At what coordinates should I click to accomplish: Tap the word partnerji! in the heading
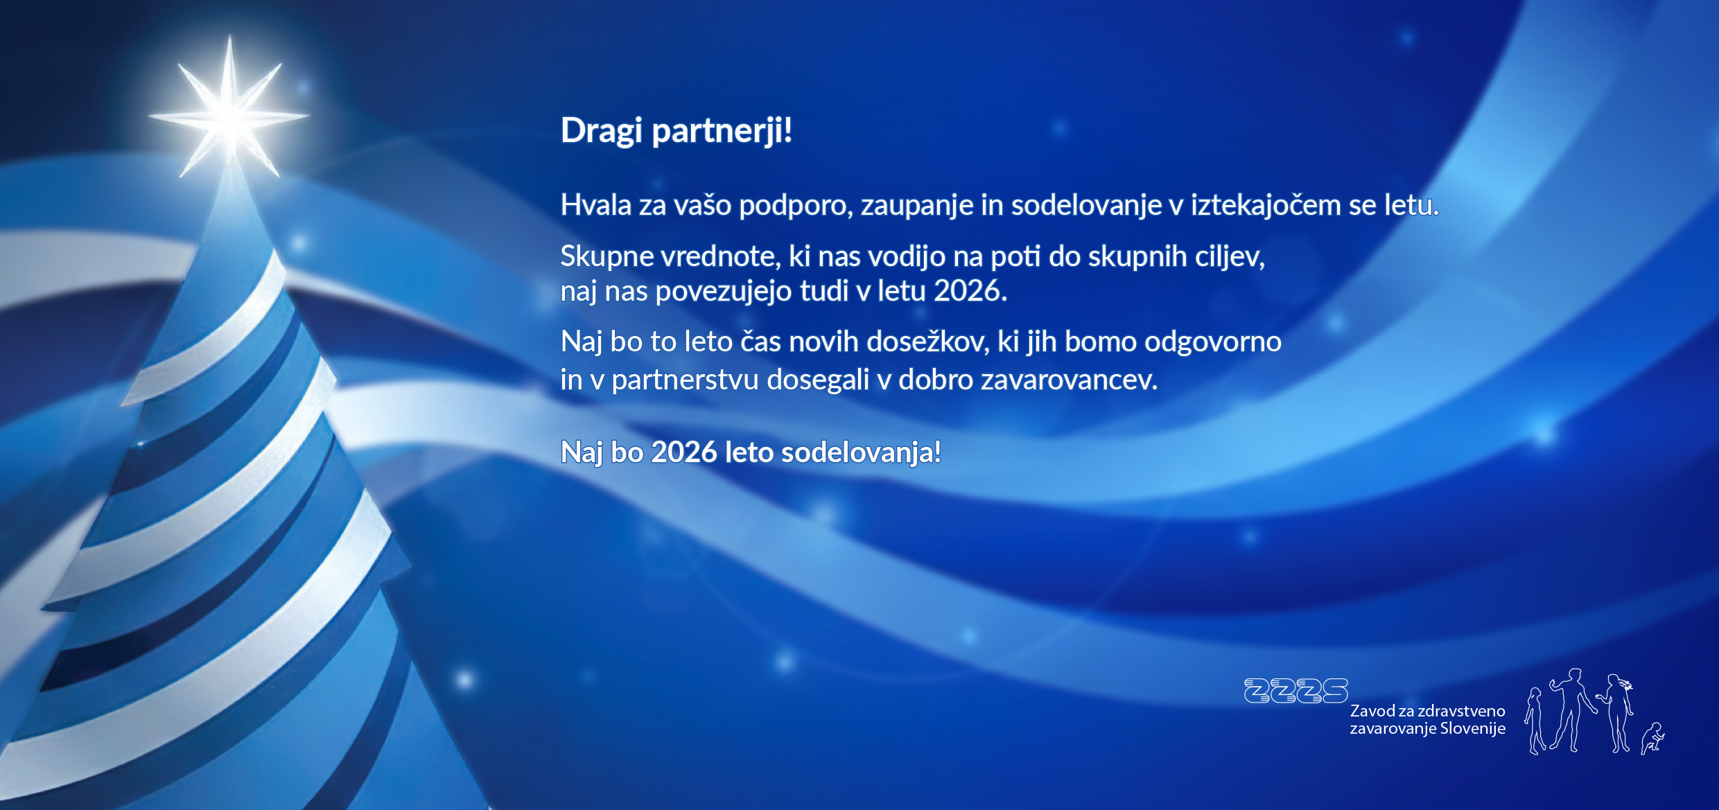(x=722, y=131)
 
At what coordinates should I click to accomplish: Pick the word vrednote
(x=720, y=257)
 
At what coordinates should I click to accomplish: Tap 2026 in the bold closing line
(x=684, y=452)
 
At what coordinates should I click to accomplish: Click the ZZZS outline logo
(x=1296, y=691)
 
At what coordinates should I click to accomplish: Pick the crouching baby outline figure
(x=1652, y=739)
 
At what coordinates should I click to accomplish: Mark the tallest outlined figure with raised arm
(x=1572, y=710)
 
